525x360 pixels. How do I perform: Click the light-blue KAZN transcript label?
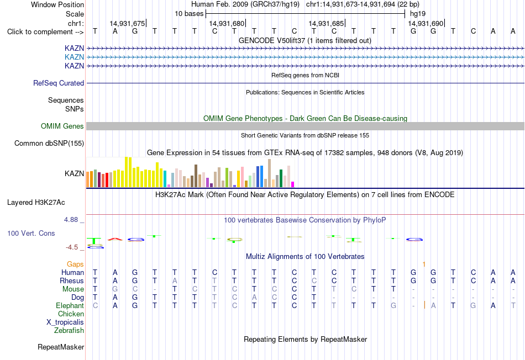pos(75,57)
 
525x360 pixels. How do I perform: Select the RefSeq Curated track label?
pos(59,83)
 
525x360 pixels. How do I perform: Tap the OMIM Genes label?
pos(62,126)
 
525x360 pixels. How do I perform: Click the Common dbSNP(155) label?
pos(49,143)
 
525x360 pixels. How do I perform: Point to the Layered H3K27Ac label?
pos(36,203)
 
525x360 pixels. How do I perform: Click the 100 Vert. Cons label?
pos(31,233)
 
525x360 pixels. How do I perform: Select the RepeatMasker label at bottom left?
pos(61,347)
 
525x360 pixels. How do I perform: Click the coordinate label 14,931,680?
pos(227,23)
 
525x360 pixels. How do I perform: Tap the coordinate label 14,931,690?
pos(426,23)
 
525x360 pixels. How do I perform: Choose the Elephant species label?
pos(70,305)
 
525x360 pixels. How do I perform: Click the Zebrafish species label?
pos(69,330)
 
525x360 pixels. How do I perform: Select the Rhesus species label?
pos(72,280)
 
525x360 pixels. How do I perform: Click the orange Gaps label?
pos(75,264)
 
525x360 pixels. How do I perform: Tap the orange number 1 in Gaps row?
pos(424,264)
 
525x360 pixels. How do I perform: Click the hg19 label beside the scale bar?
pos(418,14)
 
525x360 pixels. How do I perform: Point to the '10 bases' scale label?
pos(189,14)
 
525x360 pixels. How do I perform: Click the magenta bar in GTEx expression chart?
pos(293,184)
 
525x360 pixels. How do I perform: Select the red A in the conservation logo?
pos(115,239)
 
